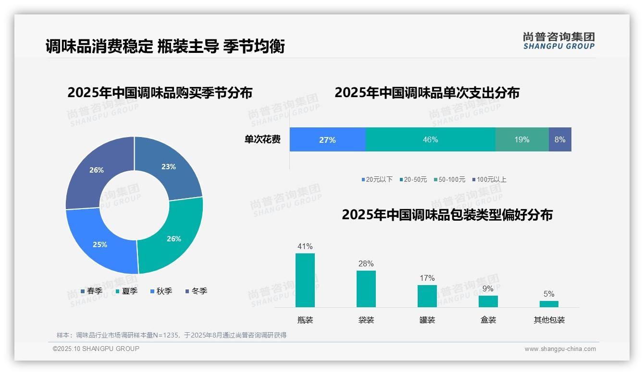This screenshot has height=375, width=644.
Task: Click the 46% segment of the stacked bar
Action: click(430, 139)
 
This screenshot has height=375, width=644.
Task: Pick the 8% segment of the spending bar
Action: click(560, 139)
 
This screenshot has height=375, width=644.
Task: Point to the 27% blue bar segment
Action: click(327, 139)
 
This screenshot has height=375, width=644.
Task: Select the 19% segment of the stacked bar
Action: click(522, 139)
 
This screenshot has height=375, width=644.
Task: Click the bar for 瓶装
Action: click(305, 280)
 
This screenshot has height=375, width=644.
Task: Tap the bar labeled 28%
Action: click(366, 288)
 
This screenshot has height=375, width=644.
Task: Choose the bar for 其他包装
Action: click(549, 304)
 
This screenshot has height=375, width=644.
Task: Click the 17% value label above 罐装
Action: click(427, 278)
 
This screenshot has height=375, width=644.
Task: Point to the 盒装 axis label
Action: click(488, 320)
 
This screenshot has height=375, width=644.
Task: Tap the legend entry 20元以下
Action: click(377, 179)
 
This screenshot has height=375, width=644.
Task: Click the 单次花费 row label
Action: click(262, 139)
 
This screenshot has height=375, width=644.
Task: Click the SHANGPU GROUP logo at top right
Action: click(558, 41)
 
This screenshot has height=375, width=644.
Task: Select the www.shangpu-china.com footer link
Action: click(560, 349)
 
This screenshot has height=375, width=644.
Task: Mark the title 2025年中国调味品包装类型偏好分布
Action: click(447, 214)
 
